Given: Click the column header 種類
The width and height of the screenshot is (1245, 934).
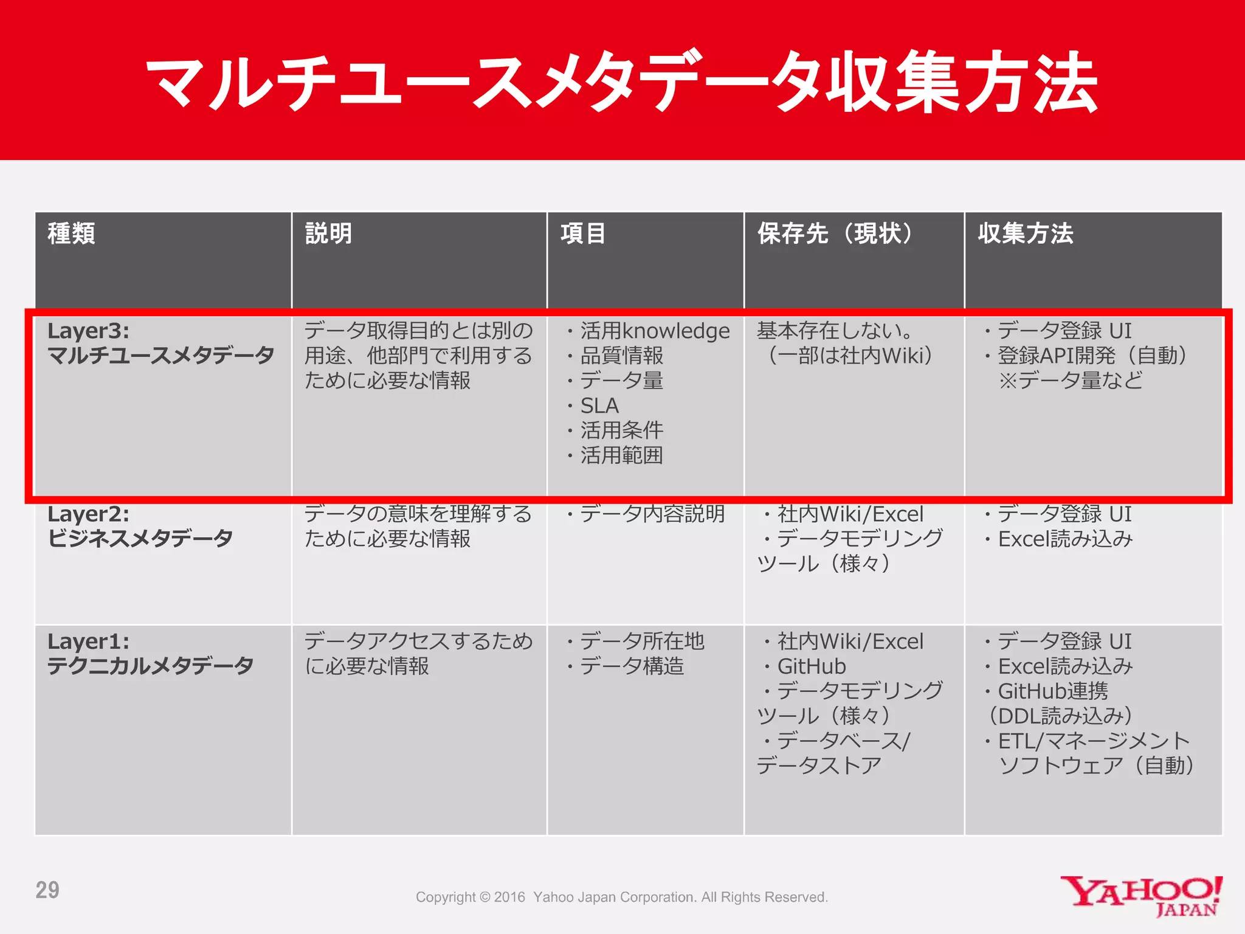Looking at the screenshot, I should point(72,233).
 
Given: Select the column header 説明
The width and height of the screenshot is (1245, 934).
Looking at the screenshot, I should point(328,233).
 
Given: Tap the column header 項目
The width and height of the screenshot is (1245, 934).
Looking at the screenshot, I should point(582,233).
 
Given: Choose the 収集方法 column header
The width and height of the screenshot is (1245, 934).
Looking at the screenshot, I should point(1026,233).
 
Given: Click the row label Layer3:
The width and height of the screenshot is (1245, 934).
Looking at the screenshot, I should point(89,331).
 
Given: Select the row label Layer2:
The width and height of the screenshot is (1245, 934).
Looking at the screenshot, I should point(89,514).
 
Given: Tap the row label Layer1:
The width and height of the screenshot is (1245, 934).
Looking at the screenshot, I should point(89,642).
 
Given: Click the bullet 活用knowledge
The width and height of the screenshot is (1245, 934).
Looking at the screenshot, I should point(655,331).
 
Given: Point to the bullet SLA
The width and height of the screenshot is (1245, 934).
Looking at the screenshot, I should point(599,406).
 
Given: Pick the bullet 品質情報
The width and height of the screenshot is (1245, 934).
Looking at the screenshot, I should point(621,356).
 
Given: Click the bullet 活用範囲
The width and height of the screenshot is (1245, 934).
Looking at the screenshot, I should point(621,455).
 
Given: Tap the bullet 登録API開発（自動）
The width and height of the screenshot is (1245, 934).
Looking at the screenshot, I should point(1092,356).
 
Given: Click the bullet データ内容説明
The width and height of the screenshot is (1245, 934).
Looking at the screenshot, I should point(652,514).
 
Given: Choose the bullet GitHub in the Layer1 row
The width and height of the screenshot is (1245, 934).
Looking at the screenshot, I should point(812,666).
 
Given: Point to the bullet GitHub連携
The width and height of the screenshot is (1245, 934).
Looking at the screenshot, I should point(1053,691).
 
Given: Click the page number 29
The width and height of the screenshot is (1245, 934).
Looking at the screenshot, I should point(47,890).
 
